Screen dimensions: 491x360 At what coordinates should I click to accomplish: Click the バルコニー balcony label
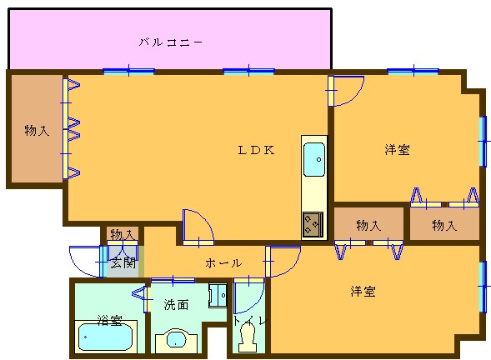[171, 42]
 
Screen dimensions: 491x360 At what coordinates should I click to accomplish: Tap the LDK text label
[257, 150]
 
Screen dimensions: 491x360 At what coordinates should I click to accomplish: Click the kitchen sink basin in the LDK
[314, 159]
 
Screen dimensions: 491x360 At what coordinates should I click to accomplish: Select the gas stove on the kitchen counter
[313, 224]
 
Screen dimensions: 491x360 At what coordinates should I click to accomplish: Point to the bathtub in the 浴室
[106, 337]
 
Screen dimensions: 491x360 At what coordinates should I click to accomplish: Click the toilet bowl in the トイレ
[248, 337]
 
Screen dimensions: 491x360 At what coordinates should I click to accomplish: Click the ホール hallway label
[223, 263]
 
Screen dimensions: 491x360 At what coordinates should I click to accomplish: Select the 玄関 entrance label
[123, 262]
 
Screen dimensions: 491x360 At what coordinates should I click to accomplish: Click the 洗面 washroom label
[176, 304]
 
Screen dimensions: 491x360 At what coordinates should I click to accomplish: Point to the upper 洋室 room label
[397, 150]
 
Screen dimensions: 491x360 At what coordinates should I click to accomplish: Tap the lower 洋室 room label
[363, 291]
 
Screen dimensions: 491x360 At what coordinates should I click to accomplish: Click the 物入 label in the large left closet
[37, 130]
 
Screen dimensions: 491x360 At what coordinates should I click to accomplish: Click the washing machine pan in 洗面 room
[218, 295]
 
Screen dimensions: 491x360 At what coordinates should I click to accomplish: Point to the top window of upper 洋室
[413, 72]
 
